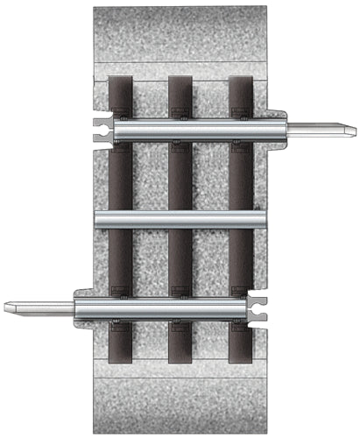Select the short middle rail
180,219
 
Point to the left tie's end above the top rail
120,93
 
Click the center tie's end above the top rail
180,93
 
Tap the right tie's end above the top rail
241,93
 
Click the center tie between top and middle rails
180,175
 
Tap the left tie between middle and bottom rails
120,263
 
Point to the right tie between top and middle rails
241,175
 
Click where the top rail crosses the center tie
180,131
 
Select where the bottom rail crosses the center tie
180,307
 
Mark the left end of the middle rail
99,219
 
